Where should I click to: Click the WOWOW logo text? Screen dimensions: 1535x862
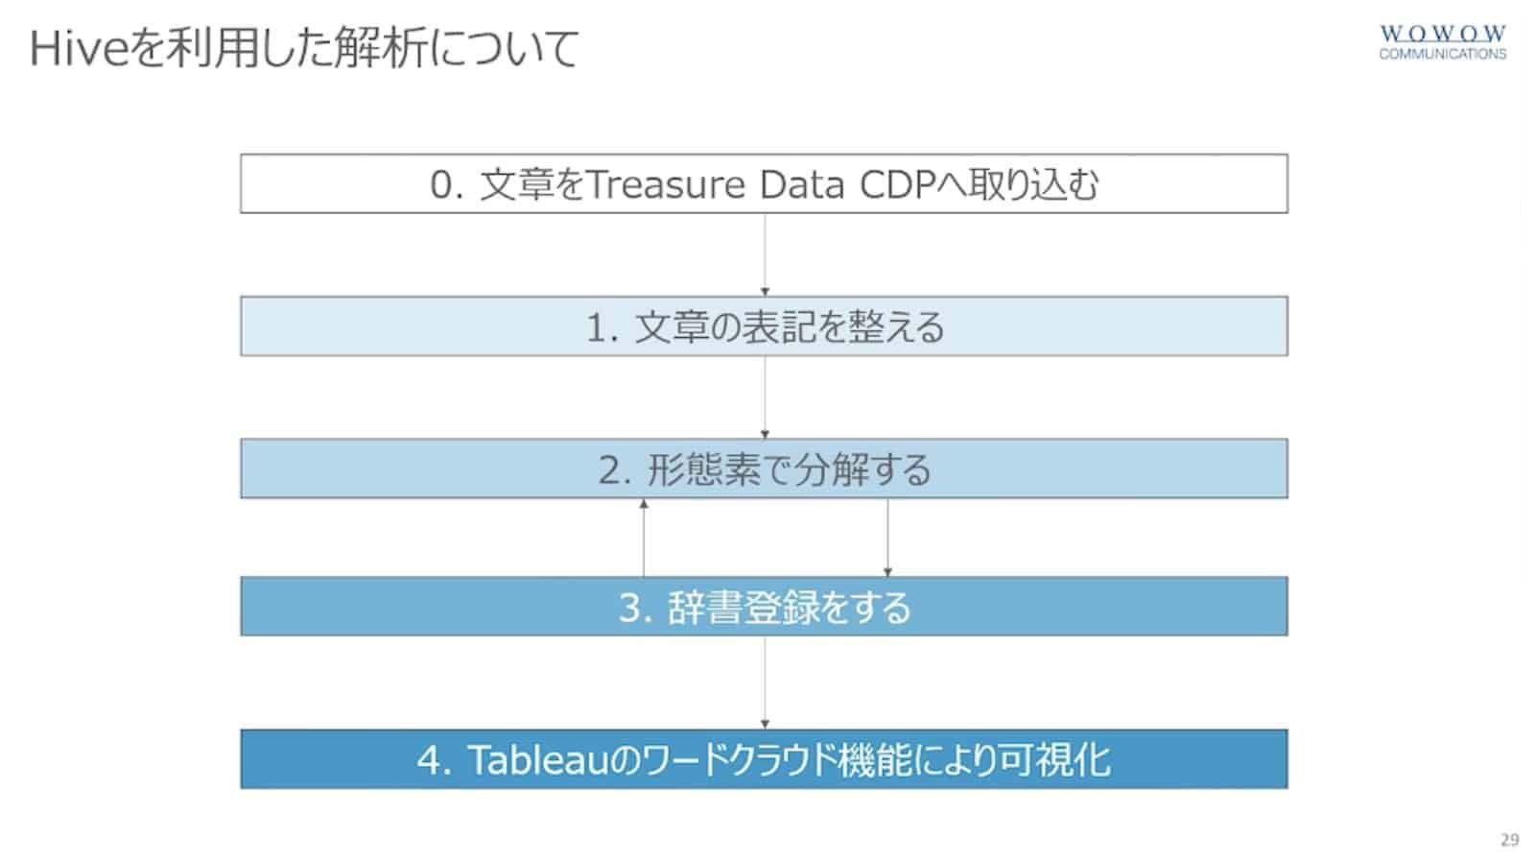click(x=1443, y=33)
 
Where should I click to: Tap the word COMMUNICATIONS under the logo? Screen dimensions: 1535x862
click(x=1443, y=54)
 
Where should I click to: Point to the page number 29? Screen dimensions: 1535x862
click(x=1510, y=839)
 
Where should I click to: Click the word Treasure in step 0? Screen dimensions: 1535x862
click(x=666, y=184)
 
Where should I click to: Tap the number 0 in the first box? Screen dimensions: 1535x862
click(x=441, y=185)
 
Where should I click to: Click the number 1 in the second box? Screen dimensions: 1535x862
click(x=597, y=327)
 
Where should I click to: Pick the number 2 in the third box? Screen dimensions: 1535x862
click(x=610, y=470)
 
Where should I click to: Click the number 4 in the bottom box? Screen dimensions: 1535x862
click(x=429, y=760)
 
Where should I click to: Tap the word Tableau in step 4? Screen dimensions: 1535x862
click(x=538, y=760)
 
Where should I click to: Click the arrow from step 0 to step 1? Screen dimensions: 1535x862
click(x=765, y=254)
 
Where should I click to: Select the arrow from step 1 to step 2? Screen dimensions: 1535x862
click(x=765, y=397)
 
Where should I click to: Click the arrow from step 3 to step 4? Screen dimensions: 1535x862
click(x=765, y=682)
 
